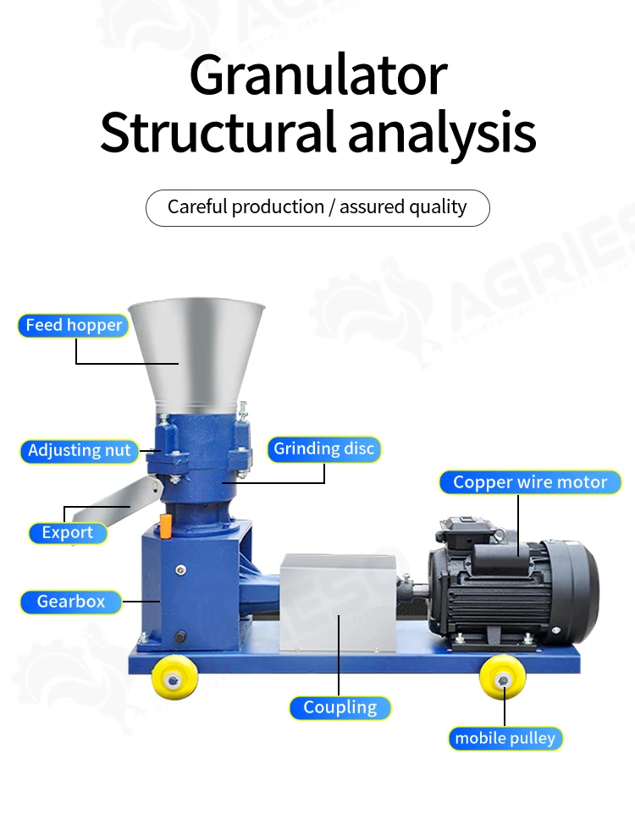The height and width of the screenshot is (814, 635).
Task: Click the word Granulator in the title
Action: coord(317,76)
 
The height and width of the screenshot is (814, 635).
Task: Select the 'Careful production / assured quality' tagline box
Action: coord(317,207)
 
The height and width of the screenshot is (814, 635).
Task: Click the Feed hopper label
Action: coord(74,326)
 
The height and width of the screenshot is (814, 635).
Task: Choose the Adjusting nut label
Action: coord(80,450)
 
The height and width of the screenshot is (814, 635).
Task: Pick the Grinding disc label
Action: coord(323,448)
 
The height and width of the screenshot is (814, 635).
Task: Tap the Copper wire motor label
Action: coord(530,482)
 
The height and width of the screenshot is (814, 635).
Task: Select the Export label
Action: coord(68,533)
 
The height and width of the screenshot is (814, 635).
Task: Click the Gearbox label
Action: coord(71,602)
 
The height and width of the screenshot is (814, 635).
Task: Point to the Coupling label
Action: coord(340,707)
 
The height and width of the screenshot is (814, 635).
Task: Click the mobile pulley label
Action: coord(505,738)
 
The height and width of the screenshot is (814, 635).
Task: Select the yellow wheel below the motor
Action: coord(502,679)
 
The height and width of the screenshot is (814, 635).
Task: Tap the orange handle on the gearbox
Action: coord(166,525)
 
